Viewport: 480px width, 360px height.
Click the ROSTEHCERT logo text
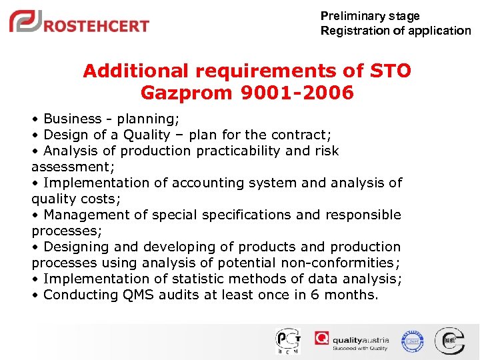point(97,26)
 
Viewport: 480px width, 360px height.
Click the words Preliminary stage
point(370,15)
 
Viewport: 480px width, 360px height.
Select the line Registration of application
point(395,31)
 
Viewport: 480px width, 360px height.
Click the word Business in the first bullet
point(72,119)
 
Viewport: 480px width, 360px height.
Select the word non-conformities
point(338,263)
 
